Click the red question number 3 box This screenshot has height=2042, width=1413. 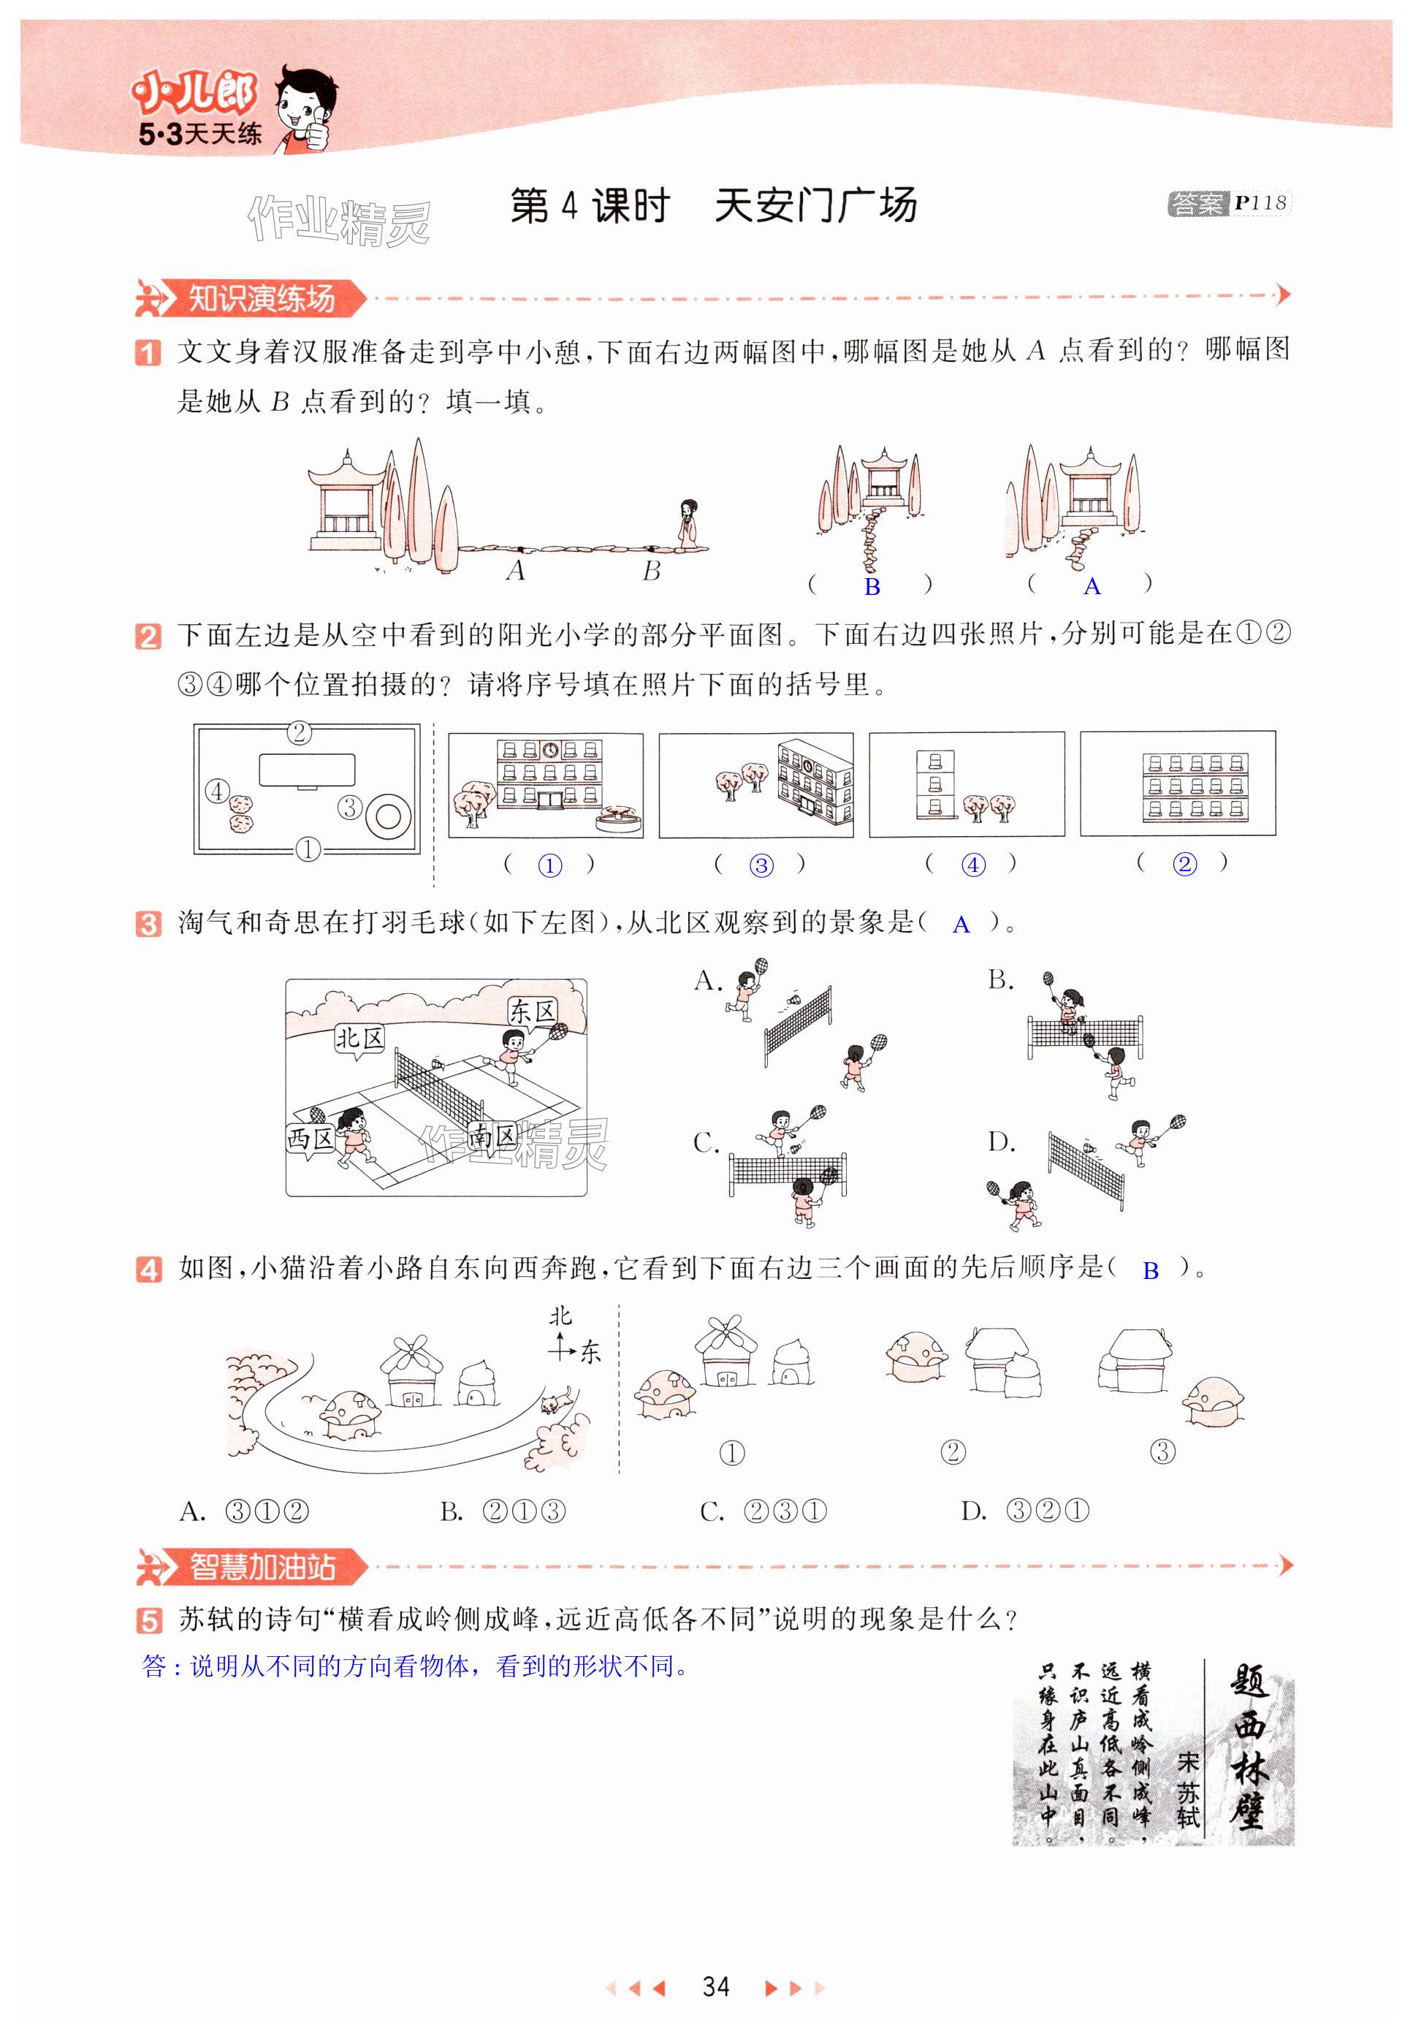(x=148, y=924)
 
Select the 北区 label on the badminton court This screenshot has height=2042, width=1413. (x=359, y=1038)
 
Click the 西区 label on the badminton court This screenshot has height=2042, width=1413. (x=309, y=1138)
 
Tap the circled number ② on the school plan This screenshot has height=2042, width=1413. (x=300, y=732)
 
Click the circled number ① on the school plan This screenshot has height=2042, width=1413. (x=307, y=849)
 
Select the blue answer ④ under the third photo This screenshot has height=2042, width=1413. (x=973, y=865)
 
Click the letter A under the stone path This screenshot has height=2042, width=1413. (x=516, y=571)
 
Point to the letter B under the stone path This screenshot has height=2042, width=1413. (x=652, y=571)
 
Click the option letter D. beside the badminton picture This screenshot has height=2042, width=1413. (x=1002, y=1142)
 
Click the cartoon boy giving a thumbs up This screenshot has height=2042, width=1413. (x=305, y=108)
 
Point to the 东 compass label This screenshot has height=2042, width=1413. (x=590, y=1351)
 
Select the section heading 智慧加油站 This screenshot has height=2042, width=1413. (x=262, y=1566)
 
